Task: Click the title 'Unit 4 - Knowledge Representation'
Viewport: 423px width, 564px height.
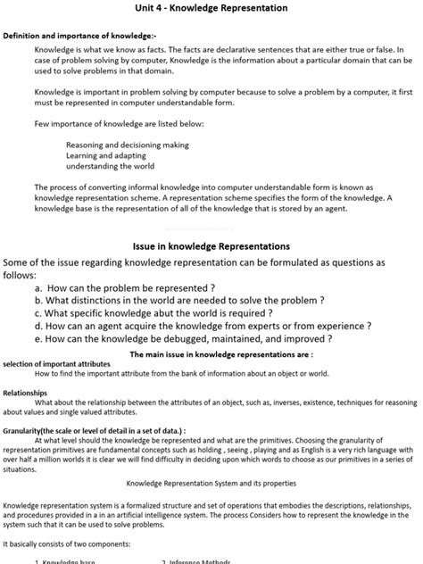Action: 211,8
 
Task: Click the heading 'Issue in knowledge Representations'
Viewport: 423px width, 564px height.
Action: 211,245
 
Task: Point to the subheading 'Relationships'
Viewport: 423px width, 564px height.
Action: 25,392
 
